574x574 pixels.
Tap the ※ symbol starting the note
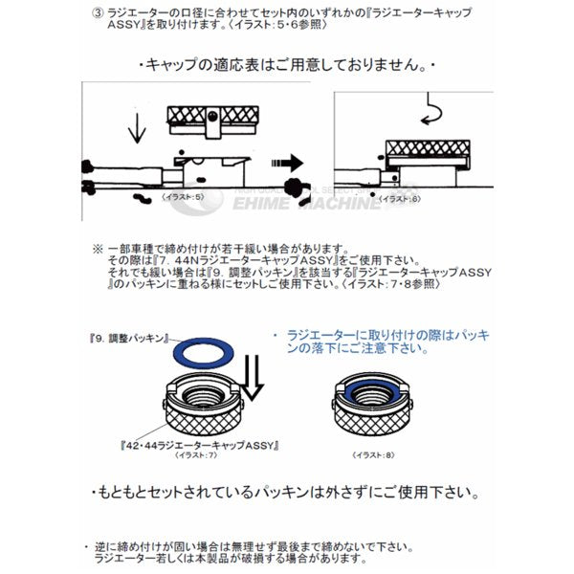click(x=98, y=247)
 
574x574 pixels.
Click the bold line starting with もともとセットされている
click(x=288, y=494)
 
